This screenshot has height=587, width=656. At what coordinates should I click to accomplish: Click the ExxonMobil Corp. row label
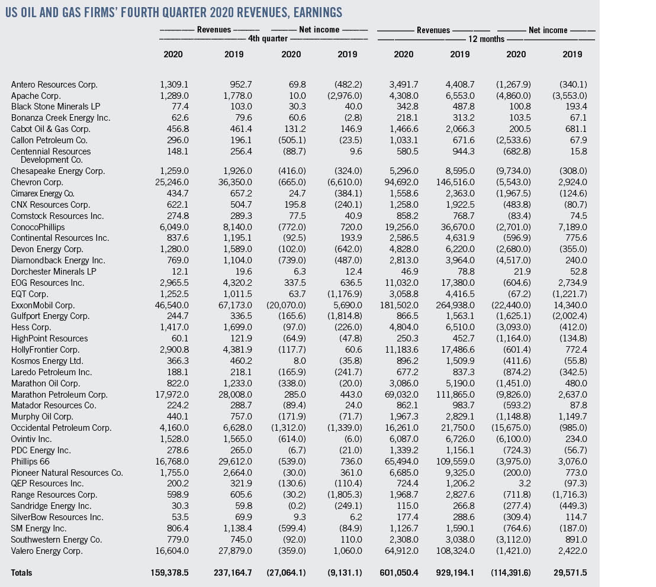click(43, 305)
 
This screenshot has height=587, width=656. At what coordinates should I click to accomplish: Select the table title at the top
click(173, 12)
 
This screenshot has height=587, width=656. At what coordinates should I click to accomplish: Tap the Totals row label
click(22, 573)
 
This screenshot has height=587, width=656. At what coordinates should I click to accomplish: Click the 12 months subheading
click(486, 39)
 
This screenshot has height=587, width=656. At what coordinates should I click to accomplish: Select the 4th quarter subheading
click(268, 39)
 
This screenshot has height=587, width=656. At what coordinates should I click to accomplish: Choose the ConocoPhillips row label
click(38, 227)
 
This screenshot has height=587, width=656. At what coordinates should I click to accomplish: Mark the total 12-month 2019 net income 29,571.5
click(570, 573)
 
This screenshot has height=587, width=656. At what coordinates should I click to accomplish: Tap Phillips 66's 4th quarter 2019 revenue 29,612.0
click(226, 462)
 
